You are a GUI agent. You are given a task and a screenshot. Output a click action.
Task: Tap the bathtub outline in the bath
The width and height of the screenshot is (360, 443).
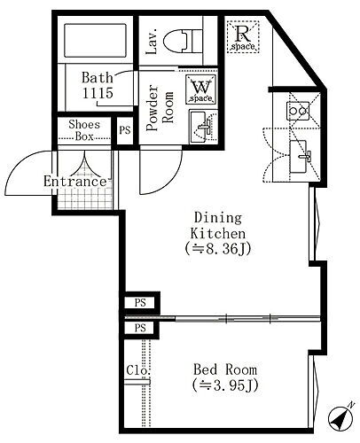tap(95, 41)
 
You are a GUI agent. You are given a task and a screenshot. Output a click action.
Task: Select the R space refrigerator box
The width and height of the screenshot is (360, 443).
tap(243, 36)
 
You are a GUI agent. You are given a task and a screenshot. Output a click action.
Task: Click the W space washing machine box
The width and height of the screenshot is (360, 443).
tap(200, 89)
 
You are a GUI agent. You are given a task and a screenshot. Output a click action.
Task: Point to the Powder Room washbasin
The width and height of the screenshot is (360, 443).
tap(203, 127)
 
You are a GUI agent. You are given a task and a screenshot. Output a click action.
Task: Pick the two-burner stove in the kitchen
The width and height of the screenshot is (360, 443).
tap(298, 111)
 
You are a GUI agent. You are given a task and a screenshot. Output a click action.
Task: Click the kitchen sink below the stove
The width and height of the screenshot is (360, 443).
tap(301, 157)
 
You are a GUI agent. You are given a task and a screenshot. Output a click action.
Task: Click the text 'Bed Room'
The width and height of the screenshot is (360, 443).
tap(225, 369)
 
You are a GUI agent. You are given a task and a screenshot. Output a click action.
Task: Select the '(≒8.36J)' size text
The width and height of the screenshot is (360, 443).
tap(218, 249)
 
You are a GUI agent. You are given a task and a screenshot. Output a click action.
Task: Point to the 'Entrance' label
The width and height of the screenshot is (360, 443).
tap(74, 181)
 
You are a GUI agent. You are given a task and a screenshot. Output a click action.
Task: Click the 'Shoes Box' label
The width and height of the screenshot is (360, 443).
tap(84, 130)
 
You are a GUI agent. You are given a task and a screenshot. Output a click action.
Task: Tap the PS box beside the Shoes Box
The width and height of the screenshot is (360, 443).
tap(125, 130)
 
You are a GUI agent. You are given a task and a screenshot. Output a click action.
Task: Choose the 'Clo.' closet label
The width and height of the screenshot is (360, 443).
tap(138, 370)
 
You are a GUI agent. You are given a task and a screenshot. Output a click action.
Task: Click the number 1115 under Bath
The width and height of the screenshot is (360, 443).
tap(98, 93)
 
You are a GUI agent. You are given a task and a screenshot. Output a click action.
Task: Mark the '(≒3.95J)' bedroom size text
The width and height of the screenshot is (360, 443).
tap(225, 385)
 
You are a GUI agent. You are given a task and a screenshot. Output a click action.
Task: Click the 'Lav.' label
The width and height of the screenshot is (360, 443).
tap(152, 42)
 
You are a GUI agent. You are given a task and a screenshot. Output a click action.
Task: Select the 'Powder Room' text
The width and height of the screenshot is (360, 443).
tap(160, 108)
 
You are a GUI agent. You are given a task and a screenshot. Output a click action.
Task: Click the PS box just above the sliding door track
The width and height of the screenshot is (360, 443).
tap(140, 303)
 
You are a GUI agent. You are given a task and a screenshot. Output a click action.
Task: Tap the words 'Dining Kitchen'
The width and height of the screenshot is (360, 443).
tap(218, 226)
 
